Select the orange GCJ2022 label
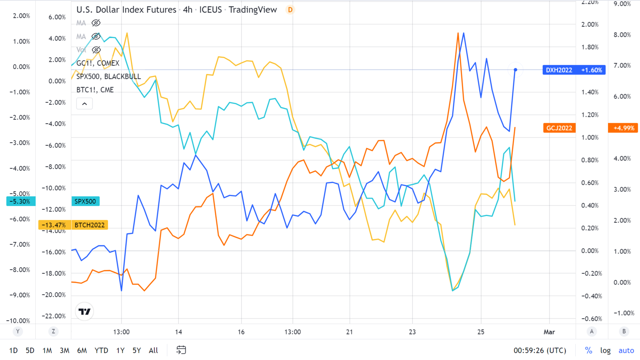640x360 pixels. (559, 128)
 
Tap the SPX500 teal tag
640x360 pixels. (85, 201)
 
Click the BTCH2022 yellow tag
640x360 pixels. (90, 225)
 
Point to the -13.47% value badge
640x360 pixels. (54, 225)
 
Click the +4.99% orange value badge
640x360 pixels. (623, 128)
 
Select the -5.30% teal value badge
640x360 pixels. (20, 201)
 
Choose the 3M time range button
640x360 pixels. (64, 350)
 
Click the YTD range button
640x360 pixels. (101, 350)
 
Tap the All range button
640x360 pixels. (153, 350)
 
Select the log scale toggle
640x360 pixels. (605, 350)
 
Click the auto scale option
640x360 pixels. (626, 350)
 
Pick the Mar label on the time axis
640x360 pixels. (549, 332)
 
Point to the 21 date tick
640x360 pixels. (350, 332)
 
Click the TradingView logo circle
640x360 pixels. (84, 312)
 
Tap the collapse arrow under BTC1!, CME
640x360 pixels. (84, 104)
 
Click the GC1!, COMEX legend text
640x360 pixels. (98, 63)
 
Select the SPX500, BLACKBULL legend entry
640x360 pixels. (108, 76)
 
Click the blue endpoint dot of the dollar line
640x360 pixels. (516, 70)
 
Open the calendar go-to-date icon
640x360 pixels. (181, 350)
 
